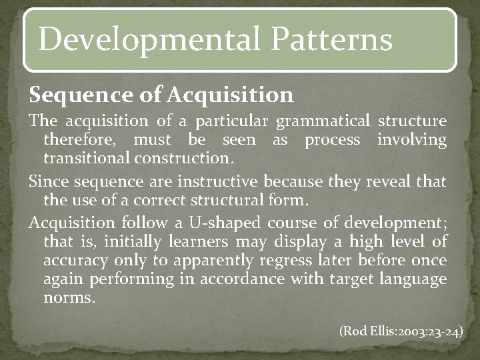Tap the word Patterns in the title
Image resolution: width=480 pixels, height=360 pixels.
(x=332, y=39)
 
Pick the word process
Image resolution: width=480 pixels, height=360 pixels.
(x=332, y=140)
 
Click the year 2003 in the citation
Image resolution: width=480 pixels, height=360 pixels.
(x=409, y=331)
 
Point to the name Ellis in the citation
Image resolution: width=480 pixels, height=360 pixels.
(x=378, y=331)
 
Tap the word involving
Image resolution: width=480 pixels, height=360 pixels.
(x=411, y=140)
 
